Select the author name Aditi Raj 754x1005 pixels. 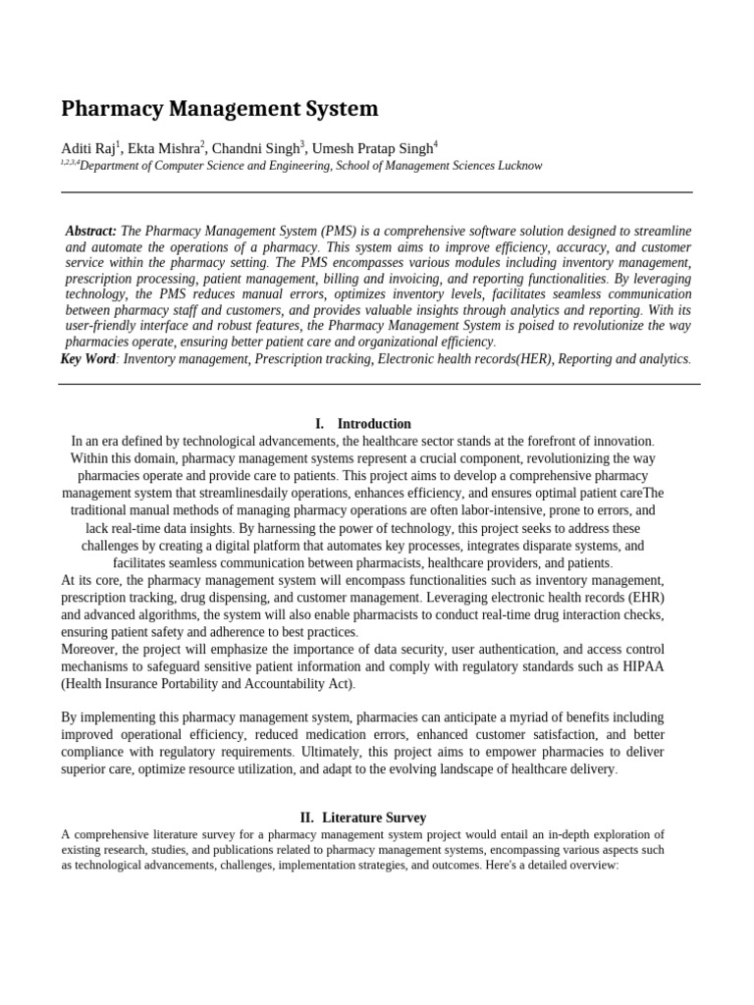pos(87,148)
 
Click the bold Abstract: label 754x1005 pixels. pos(91,231)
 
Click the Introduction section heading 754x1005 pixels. pos(374,424)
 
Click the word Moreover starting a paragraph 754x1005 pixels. pos(91,650)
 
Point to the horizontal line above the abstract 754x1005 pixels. pos(377,192)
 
